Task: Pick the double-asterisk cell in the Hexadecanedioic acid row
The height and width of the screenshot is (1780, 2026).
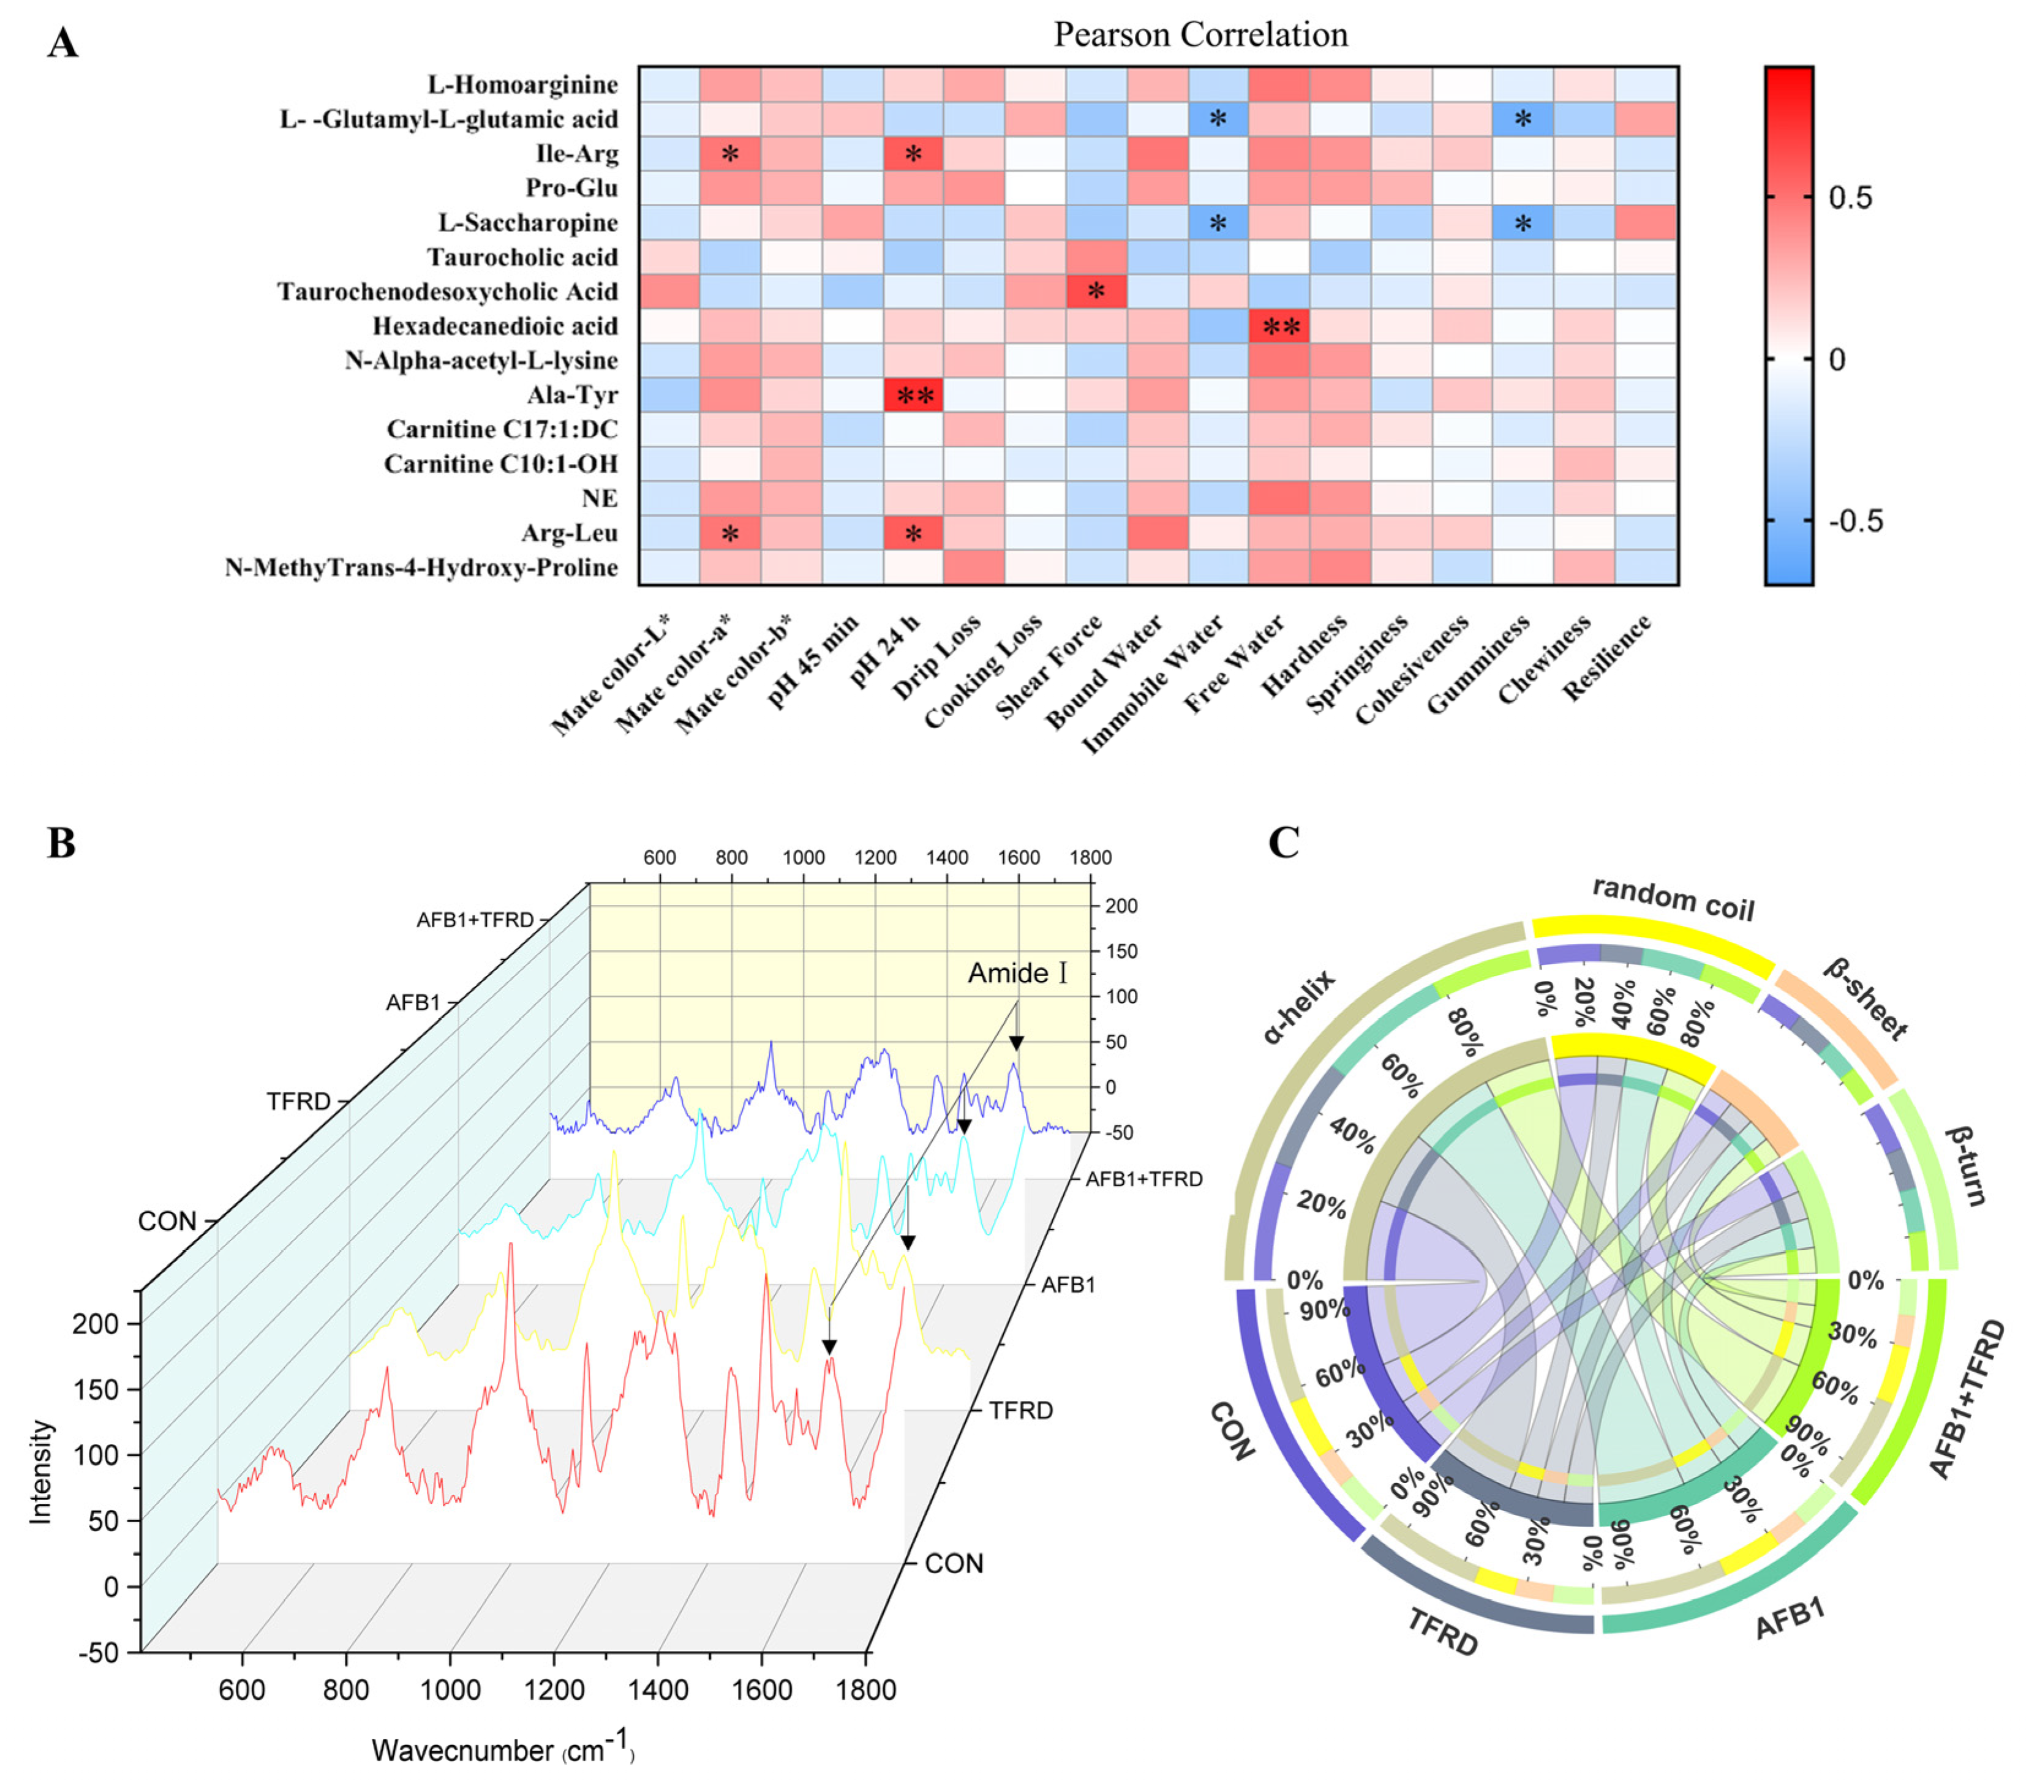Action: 1279,326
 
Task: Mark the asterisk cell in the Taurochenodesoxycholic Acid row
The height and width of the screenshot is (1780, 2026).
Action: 1096,291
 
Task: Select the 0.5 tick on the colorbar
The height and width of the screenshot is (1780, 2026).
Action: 1850,197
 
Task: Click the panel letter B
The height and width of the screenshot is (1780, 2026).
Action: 61,843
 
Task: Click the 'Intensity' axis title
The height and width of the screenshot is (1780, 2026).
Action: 40,1471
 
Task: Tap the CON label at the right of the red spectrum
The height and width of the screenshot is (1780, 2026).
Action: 954,1563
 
